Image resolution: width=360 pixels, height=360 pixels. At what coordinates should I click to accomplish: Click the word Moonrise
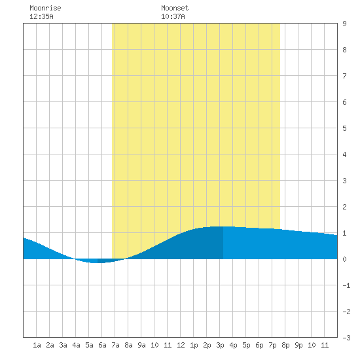click(45, 8)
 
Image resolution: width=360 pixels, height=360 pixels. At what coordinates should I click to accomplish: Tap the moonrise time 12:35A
click(41, 16)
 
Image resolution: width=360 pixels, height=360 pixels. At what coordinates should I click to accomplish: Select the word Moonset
click(175, 8)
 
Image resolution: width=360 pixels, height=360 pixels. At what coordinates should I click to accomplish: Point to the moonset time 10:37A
click(173, 16)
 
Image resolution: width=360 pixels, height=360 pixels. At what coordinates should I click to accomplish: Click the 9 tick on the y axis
click(344, 24)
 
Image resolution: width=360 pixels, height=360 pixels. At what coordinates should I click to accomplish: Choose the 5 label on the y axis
click(344, 128)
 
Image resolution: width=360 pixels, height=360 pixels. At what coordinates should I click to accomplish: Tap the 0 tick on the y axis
click(344, 259)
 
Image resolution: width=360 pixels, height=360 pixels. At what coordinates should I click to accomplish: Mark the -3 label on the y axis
click(346, 338)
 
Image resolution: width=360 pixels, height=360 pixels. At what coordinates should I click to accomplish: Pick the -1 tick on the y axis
click(346, 285)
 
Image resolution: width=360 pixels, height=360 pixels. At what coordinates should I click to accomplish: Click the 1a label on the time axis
click(37, 345)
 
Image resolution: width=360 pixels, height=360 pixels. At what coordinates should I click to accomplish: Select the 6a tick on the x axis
click(102, 345)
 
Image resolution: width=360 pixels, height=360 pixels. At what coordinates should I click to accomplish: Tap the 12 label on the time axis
click(181, 345)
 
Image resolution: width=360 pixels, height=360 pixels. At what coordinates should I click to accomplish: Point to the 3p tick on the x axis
click(220, 345)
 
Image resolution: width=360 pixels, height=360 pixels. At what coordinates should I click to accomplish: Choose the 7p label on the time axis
click(272, 345)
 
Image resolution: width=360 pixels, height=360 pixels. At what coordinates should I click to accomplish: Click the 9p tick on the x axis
click(298, 345)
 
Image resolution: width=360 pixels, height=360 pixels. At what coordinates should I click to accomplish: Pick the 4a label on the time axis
click(76, 345)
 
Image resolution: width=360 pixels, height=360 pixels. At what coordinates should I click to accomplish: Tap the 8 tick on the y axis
click(344, 50)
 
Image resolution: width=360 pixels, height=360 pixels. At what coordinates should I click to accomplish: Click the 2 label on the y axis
click(344, 207)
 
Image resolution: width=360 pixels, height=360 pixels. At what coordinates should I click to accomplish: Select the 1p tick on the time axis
click(194, 345)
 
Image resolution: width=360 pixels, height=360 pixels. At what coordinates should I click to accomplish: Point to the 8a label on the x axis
click(128, 345)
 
